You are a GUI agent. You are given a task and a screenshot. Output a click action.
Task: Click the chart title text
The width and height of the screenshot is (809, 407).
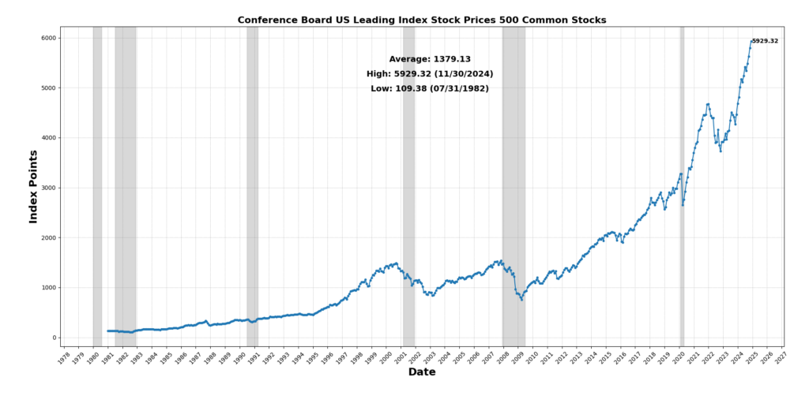click(422, 20)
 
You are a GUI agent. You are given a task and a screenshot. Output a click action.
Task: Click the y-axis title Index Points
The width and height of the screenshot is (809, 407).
click(33, 186)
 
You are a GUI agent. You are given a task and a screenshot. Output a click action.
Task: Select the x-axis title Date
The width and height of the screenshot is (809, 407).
click(422, 372)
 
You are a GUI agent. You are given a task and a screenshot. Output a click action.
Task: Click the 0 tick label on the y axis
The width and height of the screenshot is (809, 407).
click(53, 338)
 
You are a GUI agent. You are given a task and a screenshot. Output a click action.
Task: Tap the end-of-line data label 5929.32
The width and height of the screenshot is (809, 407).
click(765, 41)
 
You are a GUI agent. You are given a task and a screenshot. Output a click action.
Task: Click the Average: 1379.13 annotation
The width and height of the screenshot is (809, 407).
click(430, 59)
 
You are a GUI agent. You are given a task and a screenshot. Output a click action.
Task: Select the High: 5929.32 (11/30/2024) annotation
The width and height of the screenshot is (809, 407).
click(430, 74)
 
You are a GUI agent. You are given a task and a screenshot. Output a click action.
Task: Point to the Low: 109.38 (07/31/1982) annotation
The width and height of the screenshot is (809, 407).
click(430, 88)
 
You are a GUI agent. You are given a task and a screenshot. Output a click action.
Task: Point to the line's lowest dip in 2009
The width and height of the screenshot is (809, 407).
click(521, 300)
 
